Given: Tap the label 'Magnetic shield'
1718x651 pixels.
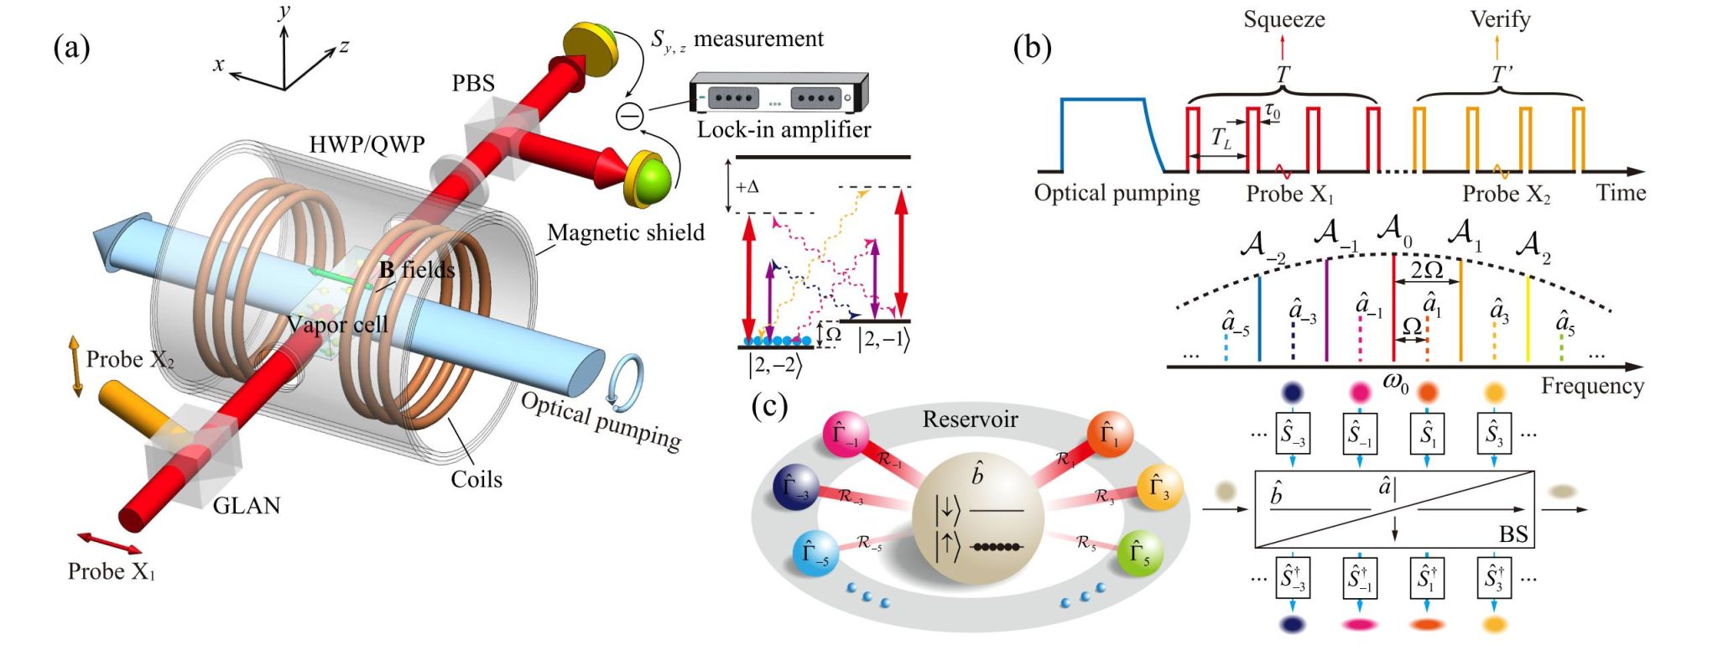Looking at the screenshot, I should click(626, 232).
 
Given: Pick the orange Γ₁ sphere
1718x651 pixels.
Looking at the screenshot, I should click(1109, 435).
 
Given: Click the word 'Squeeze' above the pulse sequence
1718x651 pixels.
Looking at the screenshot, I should click(1283, 19).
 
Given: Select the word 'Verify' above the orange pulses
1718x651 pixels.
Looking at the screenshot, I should click(1500, 19).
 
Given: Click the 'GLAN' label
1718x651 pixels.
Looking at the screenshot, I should click(246, 505).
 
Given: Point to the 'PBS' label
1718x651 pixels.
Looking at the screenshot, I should click(473, 83).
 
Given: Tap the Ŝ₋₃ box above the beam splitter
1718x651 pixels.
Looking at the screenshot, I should click(1293, 434).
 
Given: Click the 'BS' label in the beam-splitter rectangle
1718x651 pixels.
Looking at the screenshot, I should click(1513, 534).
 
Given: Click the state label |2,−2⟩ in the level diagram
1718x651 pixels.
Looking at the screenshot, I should click(775, 365).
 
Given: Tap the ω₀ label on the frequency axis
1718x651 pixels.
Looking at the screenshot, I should click(1395, 383).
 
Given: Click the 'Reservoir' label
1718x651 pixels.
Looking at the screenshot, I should click(970, 419).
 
